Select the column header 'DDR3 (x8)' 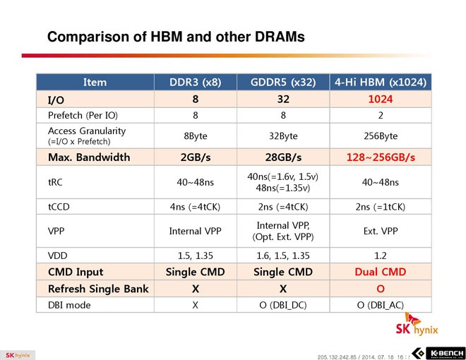[195, 82]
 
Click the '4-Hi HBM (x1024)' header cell [381, 82]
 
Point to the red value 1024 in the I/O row [381, 100]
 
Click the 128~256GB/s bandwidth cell [381, 157]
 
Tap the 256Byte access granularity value [381, 136]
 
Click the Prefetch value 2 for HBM [381, 115]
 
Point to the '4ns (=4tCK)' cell [195, 206]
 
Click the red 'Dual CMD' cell [381, 272]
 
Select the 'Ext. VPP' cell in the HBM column [381, 231]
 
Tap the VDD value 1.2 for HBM [381, 256]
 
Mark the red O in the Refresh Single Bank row [381, 289]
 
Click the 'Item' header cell [95, 82]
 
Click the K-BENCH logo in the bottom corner [438, 352]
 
